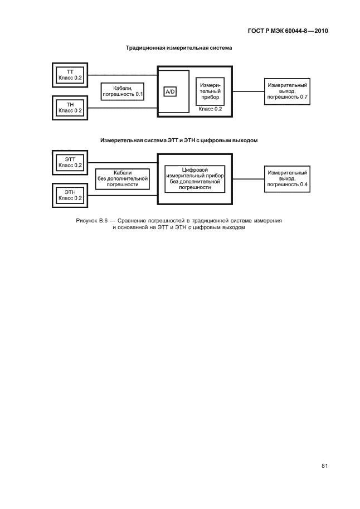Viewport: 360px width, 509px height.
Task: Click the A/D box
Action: tap(170, 92)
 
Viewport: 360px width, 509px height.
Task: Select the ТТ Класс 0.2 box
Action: tap(70, 75)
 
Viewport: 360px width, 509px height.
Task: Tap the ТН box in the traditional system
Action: tap(70, 108)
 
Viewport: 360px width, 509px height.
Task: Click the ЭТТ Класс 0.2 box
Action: tap(70, 162)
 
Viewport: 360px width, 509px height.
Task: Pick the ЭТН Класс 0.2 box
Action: tap(70, 195)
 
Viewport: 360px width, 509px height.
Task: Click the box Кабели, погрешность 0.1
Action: tap(123, 91)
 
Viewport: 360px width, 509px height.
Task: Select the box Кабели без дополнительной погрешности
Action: tap(123, 179)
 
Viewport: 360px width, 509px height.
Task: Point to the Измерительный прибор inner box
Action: tap(210, 91)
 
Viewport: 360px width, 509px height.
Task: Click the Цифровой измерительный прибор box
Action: tap(195, 179)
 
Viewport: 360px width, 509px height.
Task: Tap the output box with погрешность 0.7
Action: tap(288, 91)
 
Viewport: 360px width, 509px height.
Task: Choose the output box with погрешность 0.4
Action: tap(288, 179)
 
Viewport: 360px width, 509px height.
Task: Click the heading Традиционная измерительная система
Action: tap(179, 48)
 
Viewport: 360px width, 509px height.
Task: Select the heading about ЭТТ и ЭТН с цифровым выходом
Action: tap(179, 140)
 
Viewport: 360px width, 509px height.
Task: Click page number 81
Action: tap(325, 466)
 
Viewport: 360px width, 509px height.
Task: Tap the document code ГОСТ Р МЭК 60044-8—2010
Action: tap(288, 31)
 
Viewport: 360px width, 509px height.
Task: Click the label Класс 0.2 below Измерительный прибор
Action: tap(210, 109)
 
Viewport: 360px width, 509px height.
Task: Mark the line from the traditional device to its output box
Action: tap(249, 91)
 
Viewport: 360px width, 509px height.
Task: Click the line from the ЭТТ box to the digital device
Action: tap(123, 163)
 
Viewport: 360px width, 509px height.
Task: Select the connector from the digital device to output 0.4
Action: tap(249, 179)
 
